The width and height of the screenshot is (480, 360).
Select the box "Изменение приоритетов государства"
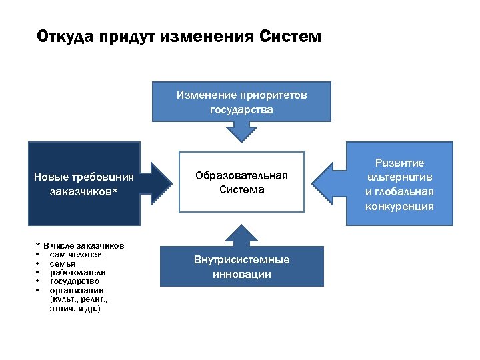click(241, 102)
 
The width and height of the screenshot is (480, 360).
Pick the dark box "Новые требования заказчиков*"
click(83, 183)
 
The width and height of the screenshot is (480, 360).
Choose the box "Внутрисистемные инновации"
click(241, 267)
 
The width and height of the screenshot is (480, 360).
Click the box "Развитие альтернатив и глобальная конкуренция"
click(399, 184)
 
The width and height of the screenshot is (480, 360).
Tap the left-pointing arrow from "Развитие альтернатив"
click(327, 184)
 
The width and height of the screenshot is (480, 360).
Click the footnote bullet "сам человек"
click(75, 255)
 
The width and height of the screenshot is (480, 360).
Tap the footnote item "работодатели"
click(77, 273)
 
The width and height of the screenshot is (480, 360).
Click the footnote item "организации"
click(75, 291)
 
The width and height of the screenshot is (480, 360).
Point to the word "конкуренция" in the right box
click(399, 206)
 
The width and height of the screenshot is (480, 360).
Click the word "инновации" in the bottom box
click(241, 274)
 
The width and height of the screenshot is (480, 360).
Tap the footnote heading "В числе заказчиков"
click(83, 245)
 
